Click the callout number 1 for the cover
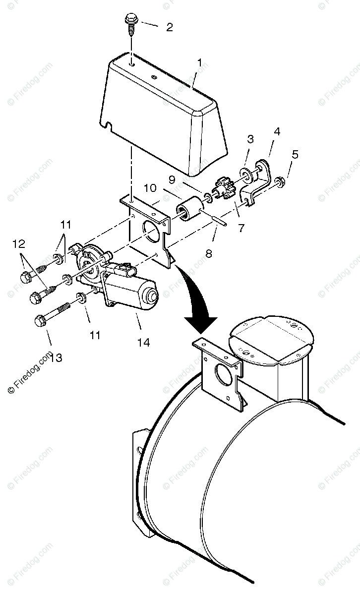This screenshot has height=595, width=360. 199,63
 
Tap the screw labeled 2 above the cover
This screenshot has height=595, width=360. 131,24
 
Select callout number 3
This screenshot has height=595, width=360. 250,139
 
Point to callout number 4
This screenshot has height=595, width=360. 276,132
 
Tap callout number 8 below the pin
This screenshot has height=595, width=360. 208,253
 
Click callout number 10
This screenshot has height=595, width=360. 150,188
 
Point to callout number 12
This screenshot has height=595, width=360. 18,243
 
